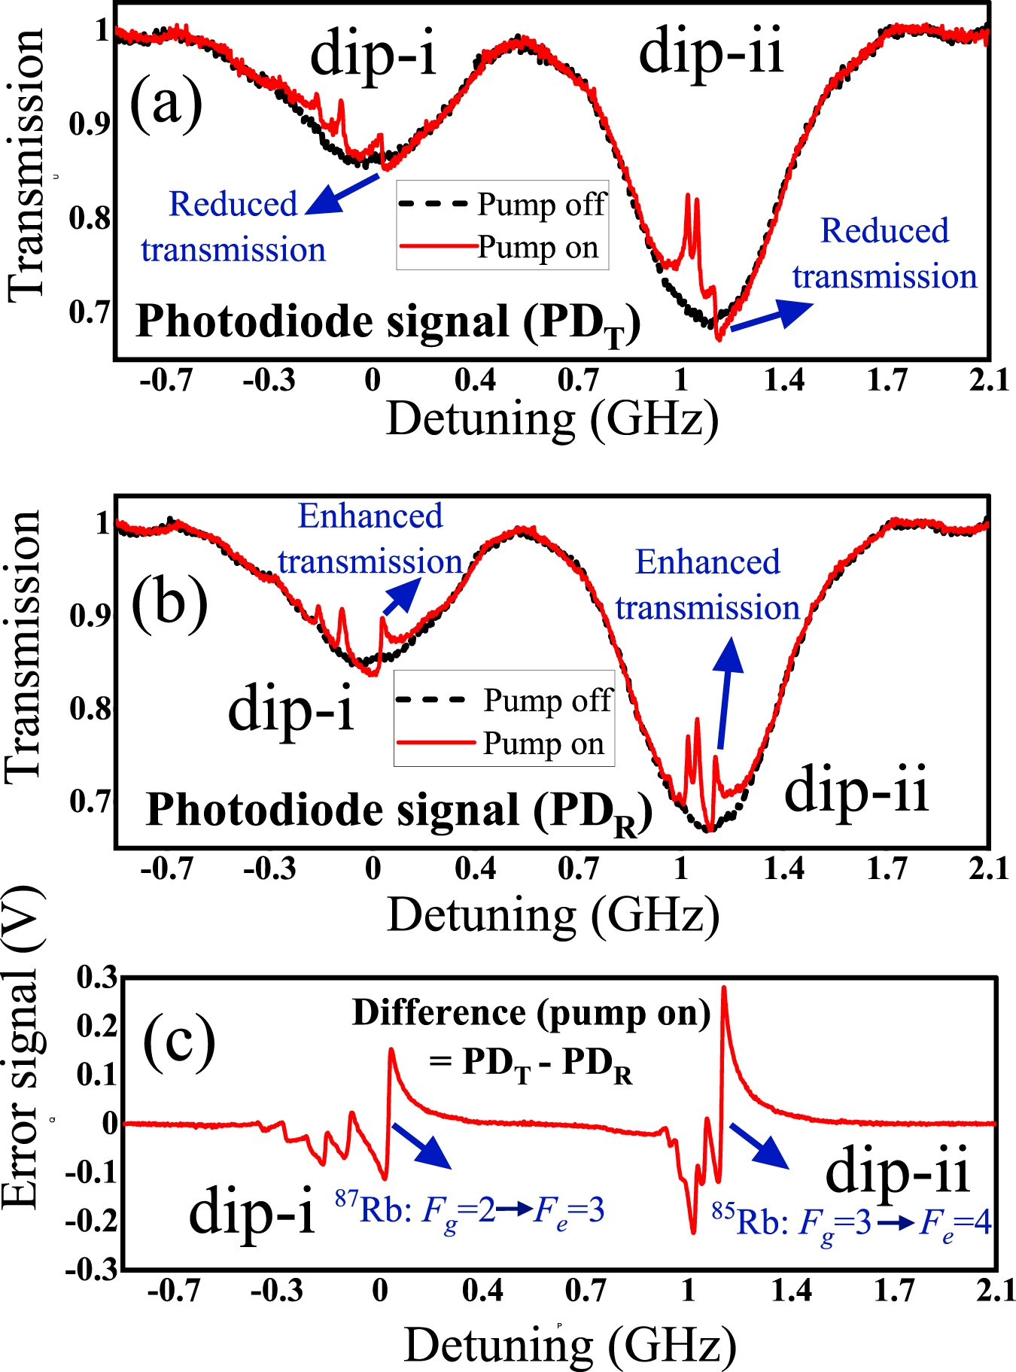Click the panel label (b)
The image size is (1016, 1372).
(x=169, y=602)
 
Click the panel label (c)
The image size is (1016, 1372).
(x=179, y=1042)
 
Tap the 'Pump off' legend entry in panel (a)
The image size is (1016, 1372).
(x=540, y=205)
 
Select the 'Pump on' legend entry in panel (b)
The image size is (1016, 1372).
(x=543, y=744)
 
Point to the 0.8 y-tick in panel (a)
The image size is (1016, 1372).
(x=90, y=218)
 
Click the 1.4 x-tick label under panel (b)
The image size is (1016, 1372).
(x=783, y=869)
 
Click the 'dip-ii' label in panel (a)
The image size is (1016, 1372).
(x=711, y=51)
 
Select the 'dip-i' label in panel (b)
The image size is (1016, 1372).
(x=291, y=709)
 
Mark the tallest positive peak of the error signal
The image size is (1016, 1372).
(x=724, y=989)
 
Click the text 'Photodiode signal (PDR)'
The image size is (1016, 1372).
(x=399, y=811)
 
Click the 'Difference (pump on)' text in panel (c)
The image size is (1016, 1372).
(x=531, y=1013)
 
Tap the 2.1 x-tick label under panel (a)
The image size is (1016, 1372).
(x=989, y=381)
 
